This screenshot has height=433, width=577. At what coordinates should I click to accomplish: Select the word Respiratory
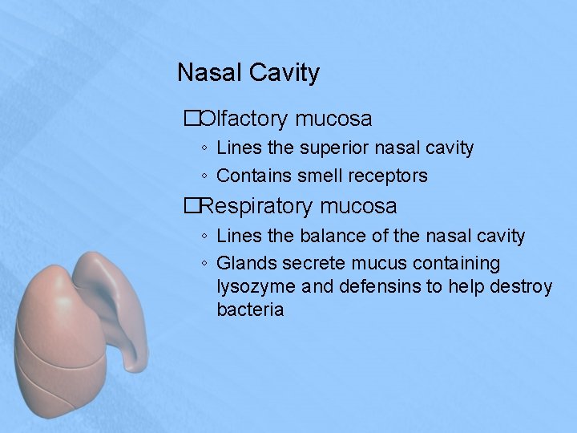pos(257,206)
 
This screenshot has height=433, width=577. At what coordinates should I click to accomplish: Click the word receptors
pos(389,176)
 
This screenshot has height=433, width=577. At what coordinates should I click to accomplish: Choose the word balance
pos(330,236)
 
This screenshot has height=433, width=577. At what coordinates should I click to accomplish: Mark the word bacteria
pos(250,310)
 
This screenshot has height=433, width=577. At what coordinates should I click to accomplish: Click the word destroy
pos(520,287)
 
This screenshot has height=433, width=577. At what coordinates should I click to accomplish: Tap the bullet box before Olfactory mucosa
pos(191,119)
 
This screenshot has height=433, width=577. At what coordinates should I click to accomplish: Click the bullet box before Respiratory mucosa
pos(191,206)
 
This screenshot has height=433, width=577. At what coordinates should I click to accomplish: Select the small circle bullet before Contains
pos(206,176)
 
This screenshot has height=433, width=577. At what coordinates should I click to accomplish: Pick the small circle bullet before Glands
pos(206,264)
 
